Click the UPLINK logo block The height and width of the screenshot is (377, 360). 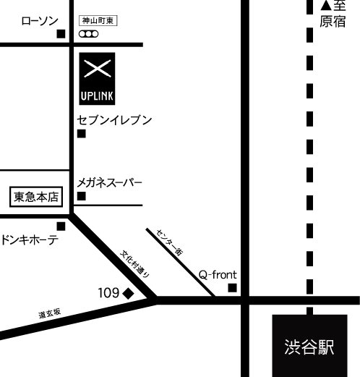(x=97, y=79)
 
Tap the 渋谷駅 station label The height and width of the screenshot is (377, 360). (x=309, y=347)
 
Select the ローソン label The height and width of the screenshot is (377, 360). (x=40, y=21)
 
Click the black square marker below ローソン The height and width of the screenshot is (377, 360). (x=61, y=34)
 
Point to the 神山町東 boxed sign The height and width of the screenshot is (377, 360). (x=98, y=21)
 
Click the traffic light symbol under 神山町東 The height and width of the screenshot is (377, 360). (x=89, y=34)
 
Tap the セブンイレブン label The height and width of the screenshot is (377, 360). (x=114, y=120)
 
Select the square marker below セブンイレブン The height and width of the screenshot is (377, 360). (x=82, y=134)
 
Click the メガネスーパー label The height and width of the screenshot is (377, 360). (x=110, y=183)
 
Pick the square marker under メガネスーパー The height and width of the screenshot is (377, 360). (x=82, y=196)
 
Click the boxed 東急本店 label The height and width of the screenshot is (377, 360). (x=36, y=197)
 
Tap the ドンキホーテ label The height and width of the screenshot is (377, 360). (x=30, y=240)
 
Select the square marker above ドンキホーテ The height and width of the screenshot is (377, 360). (x=61, y=226)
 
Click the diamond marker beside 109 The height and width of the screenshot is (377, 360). (x=128, y=294)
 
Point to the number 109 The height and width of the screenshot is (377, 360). (x=108, y=293)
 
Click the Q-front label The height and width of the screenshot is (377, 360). (x=218, y=275)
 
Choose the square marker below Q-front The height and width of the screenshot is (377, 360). (x=233, y=288)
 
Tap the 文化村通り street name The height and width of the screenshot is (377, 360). (x=135, y=264)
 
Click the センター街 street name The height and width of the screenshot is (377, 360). (x=170, y=242)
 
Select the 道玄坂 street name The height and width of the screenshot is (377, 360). (x=50, y=313)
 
